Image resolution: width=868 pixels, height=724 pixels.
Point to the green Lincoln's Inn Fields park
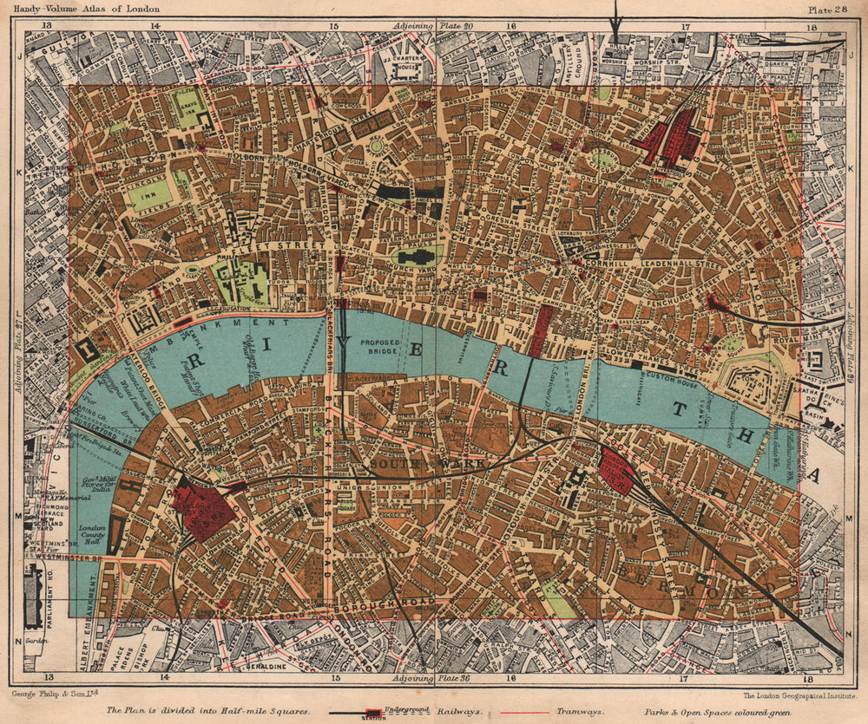[149, 195]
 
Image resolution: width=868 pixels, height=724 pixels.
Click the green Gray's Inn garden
[187, 108]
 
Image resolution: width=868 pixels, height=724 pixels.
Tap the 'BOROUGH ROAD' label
[383, 602]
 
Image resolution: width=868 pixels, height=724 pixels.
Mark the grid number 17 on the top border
[685, 27]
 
